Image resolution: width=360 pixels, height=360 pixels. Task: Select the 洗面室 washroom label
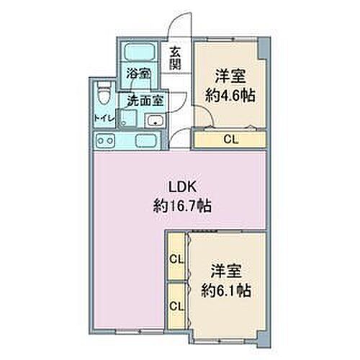pyautogui.click(x=145, y=101)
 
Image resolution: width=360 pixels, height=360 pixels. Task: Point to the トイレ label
pyautogui.click(x=104, y=118)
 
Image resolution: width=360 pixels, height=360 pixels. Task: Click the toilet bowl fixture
pyautogui.click(x=104, y=93)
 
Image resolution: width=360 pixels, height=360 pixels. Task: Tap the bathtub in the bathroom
pyautogui.click(x=140, y=53)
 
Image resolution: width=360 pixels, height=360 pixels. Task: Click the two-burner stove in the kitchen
pyautogui.click(x=105, y=140)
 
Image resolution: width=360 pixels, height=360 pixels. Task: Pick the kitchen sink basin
pyautogui.click(x=147, y=141)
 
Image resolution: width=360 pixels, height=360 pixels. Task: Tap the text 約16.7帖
pyautogui.click(x=182, y=206)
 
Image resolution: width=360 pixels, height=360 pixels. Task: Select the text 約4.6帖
pyautogui.click(x=230, y=96)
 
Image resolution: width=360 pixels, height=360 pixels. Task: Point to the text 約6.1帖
pyautogui.click(x=226, y=291)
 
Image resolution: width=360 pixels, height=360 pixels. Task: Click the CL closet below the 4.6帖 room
pyautogui.click(x=230, y=140)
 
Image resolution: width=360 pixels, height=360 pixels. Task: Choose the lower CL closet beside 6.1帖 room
pyautogui.click(x=176, y=307)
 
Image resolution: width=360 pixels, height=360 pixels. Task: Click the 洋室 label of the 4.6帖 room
pyautogui.click(x=230, y=76)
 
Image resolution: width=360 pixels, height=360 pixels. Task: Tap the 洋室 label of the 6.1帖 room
pyautogui.click(x=226, y=271)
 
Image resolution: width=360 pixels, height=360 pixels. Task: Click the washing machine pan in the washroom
pyautogui.click(x=129, y=117)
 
